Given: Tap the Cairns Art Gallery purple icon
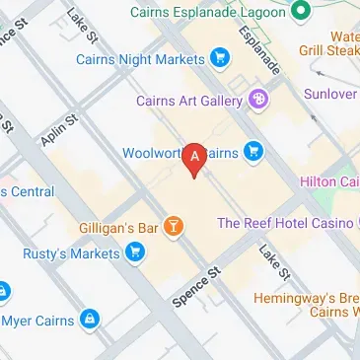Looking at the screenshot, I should [x=259, y=99].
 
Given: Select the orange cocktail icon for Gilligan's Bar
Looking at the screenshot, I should [x=175, y=228].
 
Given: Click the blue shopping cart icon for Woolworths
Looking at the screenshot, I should [x=254, y=152].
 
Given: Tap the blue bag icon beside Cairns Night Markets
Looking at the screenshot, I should [x=219, y=59].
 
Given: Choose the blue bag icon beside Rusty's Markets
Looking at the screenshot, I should [x=135, y=253].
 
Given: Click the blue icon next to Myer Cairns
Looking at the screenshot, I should [x=90, y=320].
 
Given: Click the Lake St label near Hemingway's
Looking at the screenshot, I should [x=273, y=260].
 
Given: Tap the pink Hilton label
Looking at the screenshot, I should [x=327, y=180].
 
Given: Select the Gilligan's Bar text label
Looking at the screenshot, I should [x=118, y=228].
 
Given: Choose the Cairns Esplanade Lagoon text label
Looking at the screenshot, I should [x=211, y=12].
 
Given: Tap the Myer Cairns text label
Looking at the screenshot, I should [x=38, y=320].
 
